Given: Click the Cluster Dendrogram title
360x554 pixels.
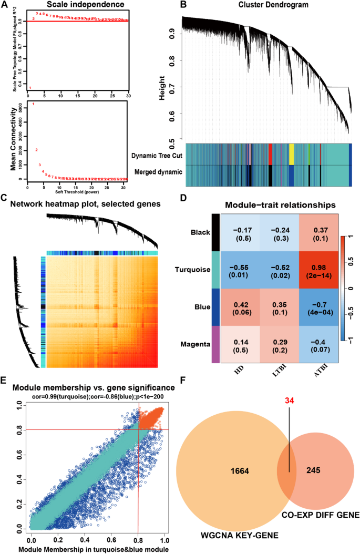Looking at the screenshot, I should tap(267, 5).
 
